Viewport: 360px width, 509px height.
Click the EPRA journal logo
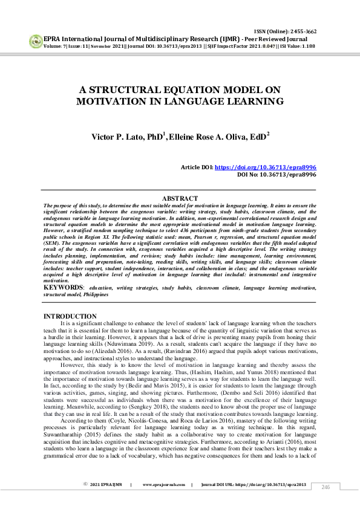click(x=35, y=41)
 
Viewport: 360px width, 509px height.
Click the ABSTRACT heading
click(x=180, y=199)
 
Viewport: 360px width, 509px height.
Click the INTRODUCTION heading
click(x=70, y=316)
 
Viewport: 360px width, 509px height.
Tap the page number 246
click(x=326, y=487)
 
